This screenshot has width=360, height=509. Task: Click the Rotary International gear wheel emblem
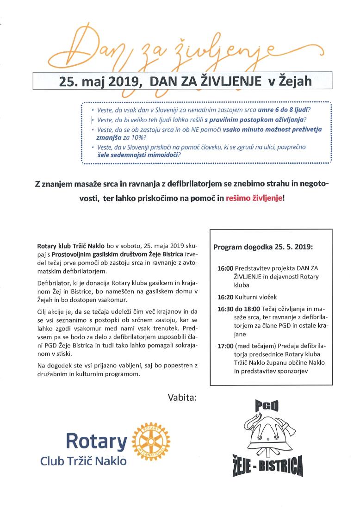point(151,438)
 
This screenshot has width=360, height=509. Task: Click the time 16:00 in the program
point(225,268)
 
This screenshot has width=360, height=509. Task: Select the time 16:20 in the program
point(225,297)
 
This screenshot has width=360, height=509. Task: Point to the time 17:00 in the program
point(225,346)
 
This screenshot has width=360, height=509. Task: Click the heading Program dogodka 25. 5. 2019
point(263,247)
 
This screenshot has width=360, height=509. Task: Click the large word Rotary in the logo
point(96,441)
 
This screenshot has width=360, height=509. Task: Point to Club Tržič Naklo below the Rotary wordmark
point(83,461)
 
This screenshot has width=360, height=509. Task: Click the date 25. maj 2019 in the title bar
point(99,81)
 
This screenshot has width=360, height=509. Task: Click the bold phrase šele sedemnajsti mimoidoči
point(138,155)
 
